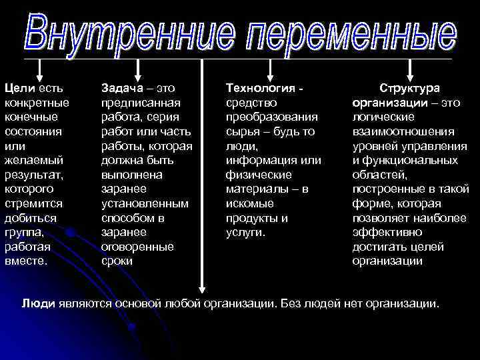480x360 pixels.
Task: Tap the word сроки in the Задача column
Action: (117, 261)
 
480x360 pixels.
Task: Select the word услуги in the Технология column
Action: (245, 233)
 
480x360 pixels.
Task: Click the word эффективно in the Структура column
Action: (387, 233)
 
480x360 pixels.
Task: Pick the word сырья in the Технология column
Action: (242, 131)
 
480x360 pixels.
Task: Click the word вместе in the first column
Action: (25, 261)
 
